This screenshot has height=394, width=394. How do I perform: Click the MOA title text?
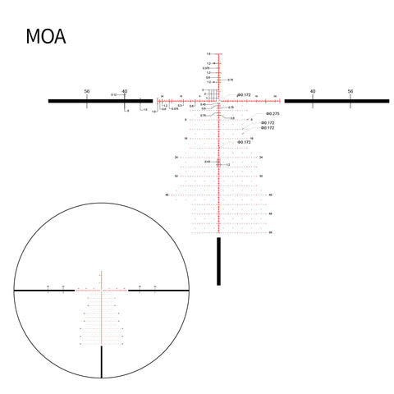46,37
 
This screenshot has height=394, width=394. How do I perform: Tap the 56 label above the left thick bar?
87,91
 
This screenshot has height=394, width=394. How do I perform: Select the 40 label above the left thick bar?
125,91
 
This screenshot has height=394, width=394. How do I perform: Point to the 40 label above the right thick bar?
313,91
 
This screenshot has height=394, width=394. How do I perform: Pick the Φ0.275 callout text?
273,113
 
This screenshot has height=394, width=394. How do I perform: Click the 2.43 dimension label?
208,162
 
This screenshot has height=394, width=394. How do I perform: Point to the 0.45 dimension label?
203,104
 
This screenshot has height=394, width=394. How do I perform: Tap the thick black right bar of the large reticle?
337,100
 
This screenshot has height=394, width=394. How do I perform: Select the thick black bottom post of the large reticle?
219,261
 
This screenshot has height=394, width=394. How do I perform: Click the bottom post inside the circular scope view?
102,361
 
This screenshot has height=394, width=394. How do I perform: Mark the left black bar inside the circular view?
45,290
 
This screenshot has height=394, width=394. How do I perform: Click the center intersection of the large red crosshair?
219,100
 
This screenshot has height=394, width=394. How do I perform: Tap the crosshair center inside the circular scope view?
102,290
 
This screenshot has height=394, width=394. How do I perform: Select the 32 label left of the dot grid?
176,176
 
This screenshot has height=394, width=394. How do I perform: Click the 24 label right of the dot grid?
261,157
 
